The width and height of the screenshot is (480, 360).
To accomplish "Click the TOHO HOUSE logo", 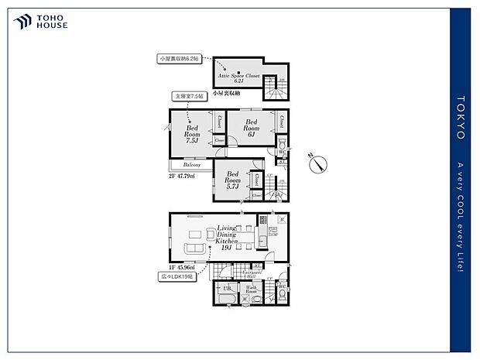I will [x=40, y=22].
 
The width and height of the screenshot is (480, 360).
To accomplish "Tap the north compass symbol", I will [x=318, y=163].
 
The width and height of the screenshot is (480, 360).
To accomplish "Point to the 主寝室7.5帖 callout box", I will [x=189, y=97].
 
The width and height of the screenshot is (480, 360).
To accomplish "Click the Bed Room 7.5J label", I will [x=192, y=134].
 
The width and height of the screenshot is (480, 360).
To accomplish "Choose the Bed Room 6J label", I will [x=252, y=127].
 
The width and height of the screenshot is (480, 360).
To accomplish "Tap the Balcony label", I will [x=192, y=165].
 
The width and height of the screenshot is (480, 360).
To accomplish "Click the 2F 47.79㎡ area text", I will [x=182, y=176].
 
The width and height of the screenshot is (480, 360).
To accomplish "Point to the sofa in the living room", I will [x=193, y=248].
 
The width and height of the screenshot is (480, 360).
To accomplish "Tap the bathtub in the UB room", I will [x=228, y=297].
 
